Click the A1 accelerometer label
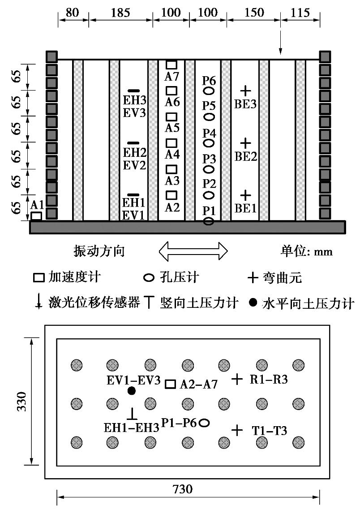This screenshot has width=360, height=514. (x=38, y=205)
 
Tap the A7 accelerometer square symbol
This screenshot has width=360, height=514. (x=171, y=65)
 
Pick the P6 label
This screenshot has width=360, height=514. (x=209, y=81)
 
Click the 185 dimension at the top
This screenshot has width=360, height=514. (x=120, y=13)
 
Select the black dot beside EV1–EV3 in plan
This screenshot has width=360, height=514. (x=131, y=391)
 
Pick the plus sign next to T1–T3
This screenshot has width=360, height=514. (x=237, y=430)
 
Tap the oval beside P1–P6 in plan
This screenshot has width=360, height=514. (x=204, y=423)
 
